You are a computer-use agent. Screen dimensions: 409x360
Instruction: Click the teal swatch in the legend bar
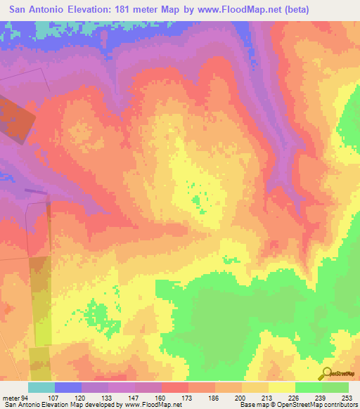[x=41, y=387]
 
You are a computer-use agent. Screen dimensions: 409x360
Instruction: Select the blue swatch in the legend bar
[x=68, y=387]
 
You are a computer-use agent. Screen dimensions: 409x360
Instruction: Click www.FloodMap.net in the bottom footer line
[x=148, y=405]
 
